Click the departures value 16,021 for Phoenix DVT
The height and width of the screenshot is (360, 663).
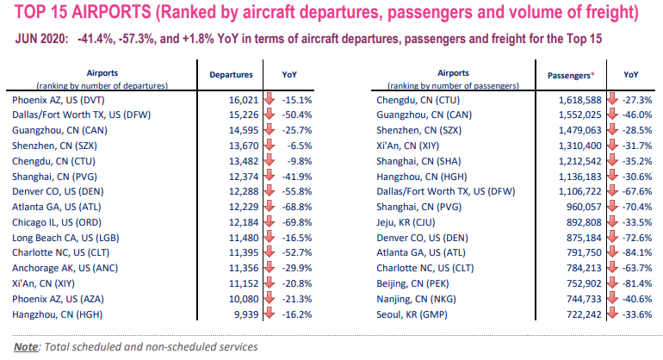(244, 100)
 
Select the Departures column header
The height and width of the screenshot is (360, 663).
(232, 75)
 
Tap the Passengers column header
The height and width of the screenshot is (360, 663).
(568, 76)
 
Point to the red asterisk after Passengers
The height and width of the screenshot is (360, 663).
(592, 74)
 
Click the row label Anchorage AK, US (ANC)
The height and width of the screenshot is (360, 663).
(65, 268)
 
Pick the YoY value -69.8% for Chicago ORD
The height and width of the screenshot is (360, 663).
(297, 222)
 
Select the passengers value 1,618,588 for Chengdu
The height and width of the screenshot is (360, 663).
(579, 100)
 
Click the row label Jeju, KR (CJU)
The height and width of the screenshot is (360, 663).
(406, 222)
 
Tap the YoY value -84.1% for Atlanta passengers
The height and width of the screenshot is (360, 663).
(637, 253)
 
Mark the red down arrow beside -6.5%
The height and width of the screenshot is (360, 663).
(270, 146)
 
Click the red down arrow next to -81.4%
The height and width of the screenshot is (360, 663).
(612, 283)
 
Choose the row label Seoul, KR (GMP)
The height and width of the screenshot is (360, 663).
(412, 314)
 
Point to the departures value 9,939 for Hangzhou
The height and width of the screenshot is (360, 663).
(247, 314)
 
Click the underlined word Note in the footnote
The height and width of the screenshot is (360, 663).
(26, 347)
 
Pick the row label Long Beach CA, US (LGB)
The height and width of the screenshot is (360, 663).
(65, 238)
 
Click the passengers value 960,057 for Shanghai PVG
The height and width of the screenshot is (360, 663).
(584, 207)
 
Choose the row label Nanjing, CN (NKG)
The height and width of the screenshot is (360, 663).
(417, 299)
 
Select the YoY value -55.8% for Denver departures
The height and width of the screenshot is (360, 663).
(297, 192)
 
